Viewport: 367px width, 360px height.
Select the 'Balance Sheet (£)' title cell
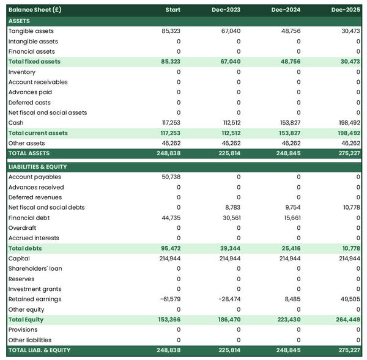35,10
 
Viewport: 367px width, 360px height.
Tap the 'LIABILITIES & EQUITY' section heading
38,167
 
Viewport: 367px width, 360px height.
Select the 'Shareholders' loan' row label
35,269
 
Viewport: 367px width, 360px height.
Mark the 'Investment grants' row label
34,289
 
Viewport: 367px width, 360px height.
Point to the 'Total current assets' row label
38,133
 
